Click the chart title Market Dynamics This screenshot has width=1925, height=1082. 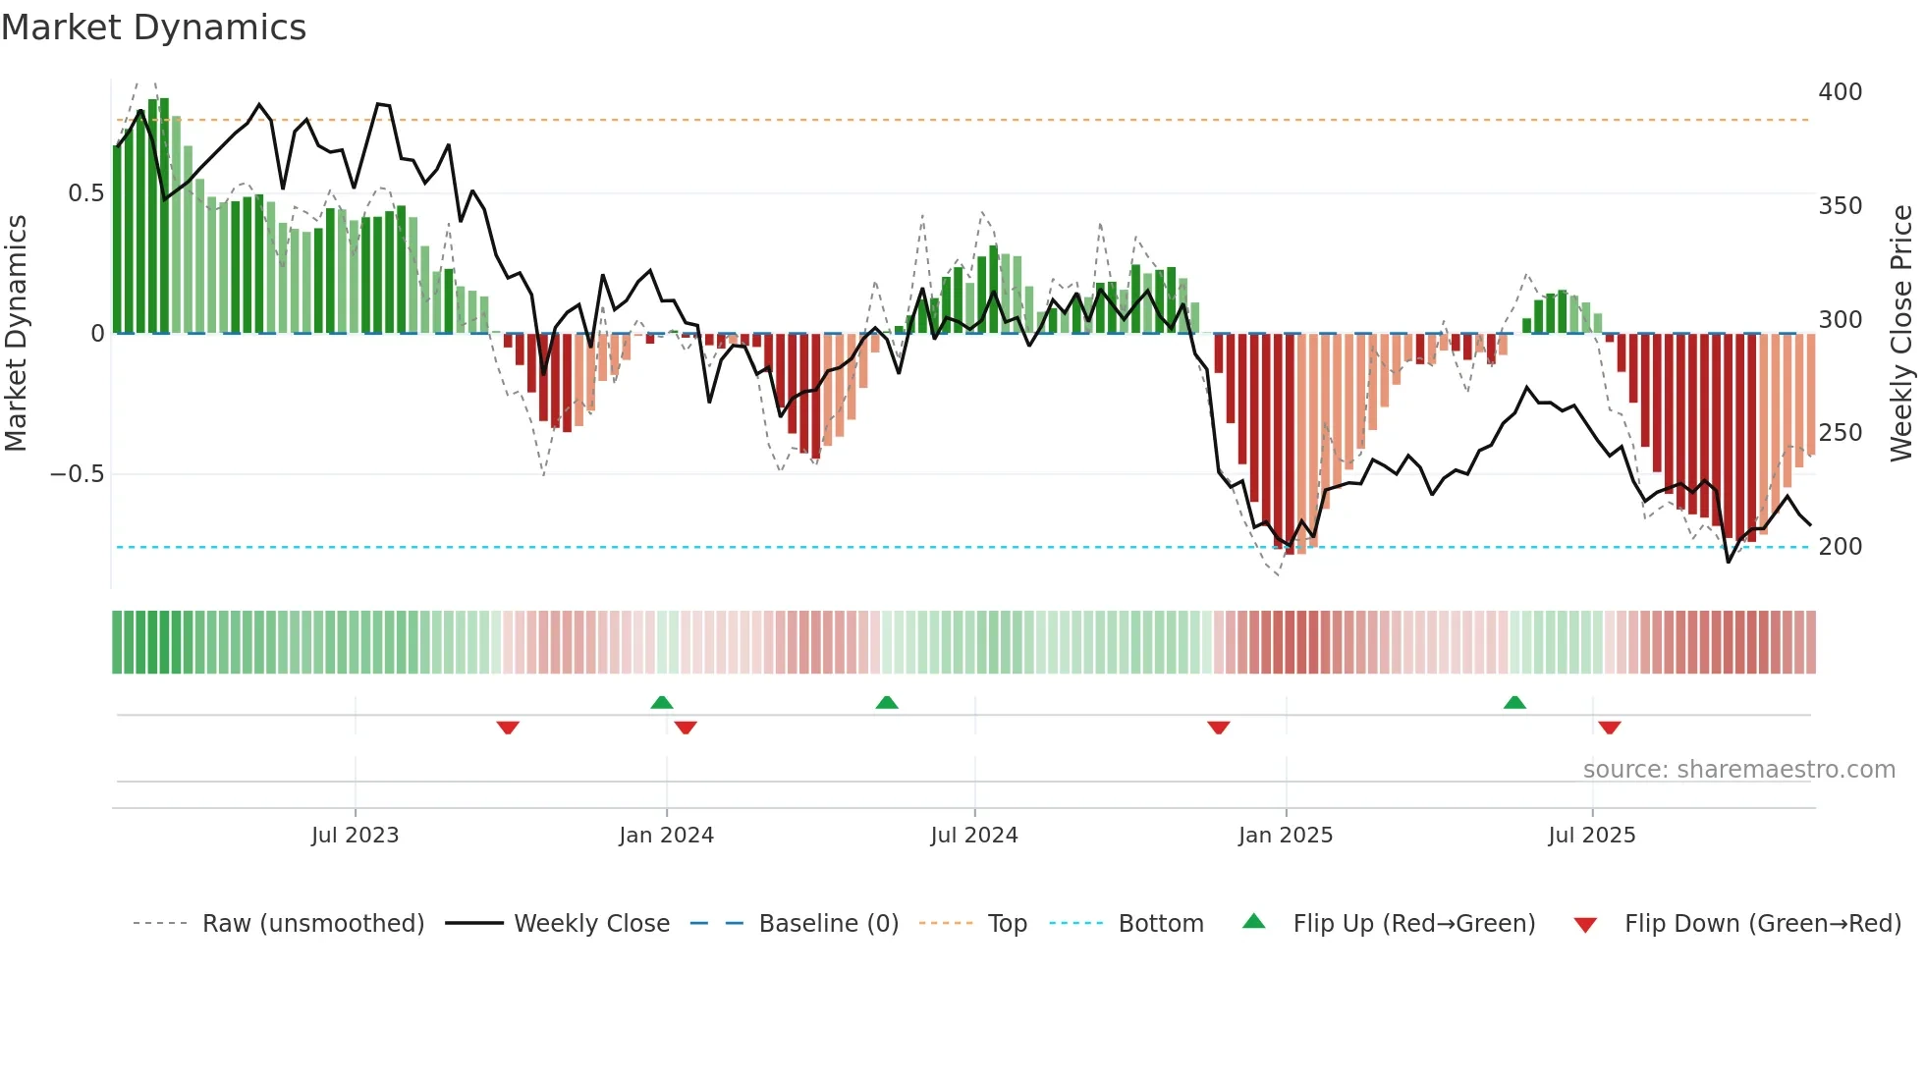(x=154, y=27)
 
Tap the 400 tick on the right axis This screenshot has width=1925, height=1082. (x=1840, y=92)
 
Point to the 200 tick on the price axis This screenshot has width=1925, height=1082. (x=1840, y=547)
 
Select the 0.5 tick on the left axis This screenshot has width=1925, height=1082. (x=85, y=193)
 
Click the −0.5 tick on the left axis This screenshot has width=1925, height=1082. (x=78, y=474)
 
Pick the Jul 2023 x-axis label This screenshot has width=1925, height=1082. (x=355, y=836)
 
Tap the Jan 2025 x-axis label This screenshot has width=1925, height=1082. (x=1285, y=836)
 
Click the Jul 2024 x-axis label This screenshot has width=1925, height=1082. (x=973, y=836)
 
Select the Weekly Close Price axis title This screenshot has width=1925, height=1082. (x=1901, y=334)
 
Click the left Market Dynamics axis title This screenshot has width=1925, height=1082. (x=16, y=334)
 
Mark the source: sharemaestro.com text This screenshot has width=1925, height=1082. (x=1738, y=770)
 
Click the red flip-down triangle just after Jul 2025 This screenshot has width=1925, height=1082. (x=1609, y=728)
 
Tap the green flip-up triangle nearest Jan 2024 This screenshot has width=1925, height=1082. (x=662, y=702)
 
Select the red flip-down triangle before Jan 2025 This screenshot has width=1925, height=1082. (x=1218, y=728)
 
